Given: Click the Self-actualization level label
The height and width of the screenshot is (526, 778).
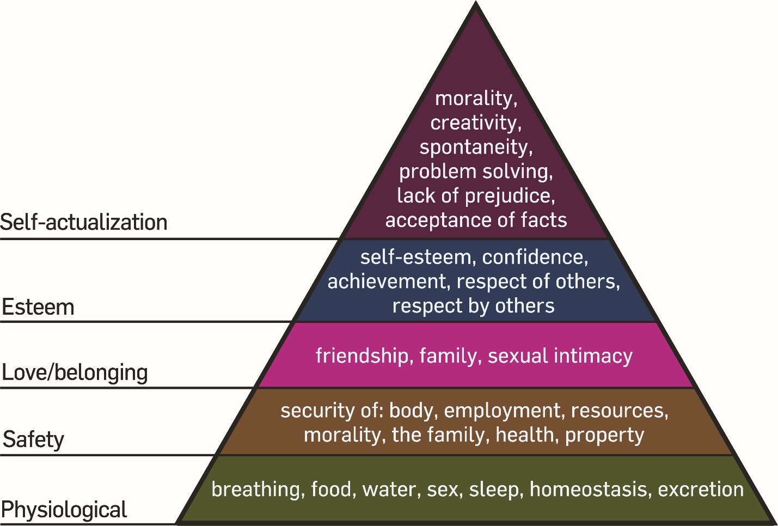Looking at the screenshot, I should point(84,223).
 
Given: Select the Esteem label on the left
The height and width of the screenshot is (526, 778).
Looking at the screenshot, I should point(38,307).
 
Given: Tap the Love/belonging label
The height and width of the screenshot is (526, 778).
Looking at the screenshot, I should point(75,373).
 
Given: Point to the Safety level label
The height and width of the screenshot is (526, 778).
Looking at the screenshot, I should point(34,439).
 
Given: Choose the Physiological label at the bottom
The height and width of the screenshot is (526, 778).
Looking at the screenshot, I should point(64,510).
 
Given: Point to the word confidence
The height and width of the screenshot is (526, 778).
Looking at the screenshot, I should point(535,257).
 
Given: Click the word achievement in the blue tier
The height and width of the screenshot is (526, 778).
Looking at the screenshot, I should point(387,282).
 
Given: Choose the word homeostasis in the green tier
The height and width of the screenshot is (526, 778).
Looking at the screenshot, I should point(590,489).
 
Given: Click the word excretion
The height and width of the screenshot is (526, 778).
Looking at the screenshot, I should point(701,489).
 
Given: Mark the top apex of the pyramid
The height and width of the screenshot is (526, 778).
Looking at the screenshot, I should point(476,4).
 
